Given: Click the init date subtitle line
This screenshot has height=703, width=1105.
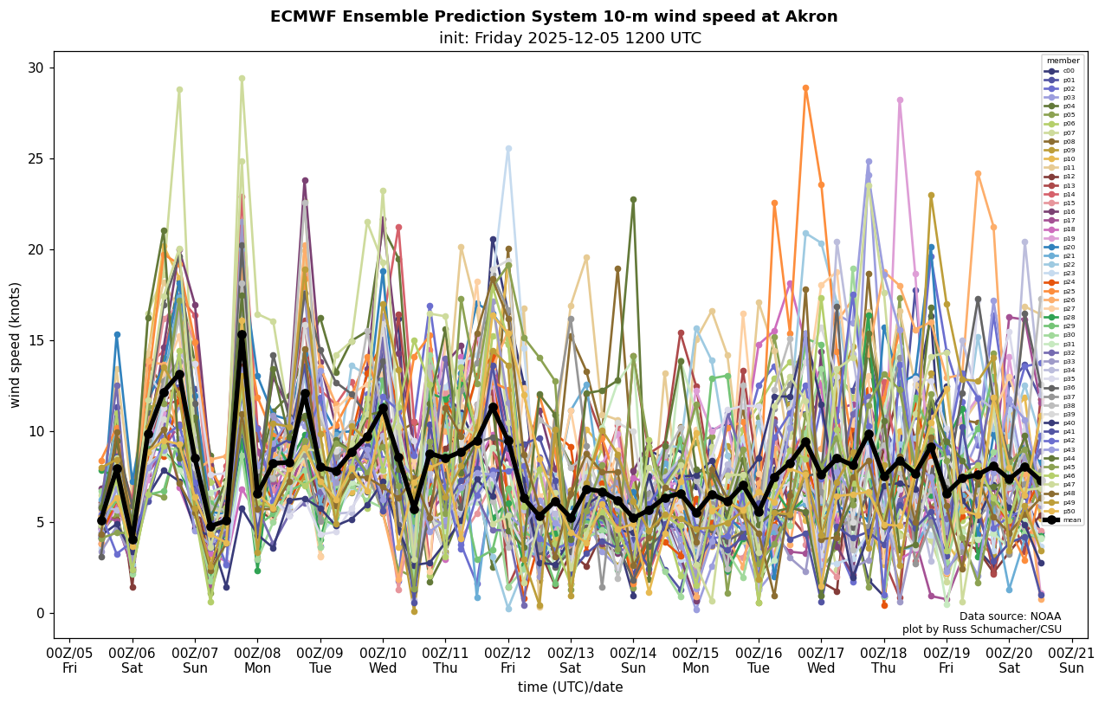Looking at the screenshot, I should tap(570, 38).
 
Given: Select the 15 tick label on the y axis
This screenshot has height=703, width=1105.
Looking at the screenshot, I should tap(36, 340).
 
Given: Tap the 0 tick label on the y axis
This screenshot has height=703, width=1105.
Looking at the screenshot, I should tap(39, 613).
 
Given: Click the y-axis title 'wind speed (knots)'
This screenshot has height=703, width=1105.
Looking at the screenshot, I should tap(15, 345).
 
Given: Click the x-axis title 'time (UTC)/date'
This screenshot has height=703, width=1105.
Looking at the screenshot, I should tap(570, 687).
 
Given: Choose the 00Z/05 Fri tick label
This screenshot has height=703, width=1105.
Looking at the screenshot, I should tap(69, 661).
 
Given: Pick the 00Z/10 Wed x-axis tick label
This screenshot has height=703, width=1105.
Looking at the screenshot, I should tap(383, 661).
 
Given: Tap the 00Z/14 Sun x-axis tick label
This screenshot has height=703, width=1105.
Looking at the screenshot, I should tap(633, 661).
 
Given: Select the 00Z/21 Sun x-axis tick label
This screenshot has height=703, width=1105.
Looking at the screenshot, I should tap(1072, 661).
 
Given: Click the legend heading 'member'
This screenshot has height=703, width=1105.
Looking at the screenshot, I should tap(1063, 61).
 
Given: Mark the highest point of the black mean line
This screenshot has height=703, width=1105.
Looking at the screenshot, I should tap(242, 334).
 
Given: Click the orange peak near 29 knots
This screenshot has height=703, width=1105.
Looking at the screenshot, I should tap(805, 87).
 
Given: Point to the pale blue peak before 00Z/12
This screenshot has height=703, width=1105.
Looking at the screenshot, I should tap(508, 148).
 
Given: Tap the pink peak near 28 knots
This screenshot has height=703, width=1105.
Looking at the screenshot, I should tap(900, 100).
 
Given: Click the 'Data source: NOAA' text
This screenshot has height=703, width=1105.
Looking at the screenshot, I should tap(1010, 616).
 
